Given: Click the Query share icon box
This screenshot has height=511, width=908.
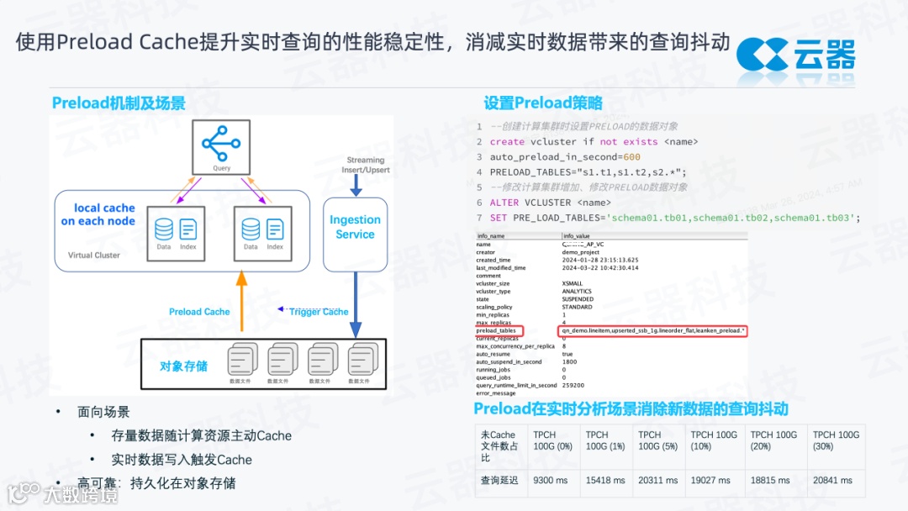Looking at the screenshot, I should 221,146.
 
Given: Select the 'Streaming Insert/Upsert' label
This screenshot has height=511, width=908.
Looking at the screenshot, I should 366,165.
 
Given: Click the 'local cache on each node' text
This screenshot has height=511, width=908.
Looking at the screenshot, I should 98,214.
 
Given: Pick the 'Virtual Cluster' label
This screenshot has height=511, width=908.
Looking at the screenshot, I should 93,255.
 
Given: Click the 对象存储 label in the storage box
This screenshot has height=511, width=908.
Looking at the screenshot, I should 183,366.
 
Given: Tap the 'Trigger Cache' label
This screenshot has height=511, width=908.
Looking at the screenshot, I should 318,312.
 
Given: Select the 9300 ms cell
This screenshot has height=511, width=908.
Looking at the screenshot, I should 551,481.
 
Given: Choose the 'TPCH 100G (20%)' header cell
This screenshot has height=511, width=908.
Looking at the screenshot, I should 773,440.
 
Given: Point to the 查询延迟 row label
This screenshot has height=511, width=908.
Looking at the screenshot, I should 499,481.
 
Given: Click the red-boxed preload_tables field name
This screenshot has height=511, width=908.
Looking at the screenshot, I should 497,331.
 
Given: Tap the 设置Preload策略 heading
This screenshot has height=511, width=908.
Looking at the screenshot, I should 543,103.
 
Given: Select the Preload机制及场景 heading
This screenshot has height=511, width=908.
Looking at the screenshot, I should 119,103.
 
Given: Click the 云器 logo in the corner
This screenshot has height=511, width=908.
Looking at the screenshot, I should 795,55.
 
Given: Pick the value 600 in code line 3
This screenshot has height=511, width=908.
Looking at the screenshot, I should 632,157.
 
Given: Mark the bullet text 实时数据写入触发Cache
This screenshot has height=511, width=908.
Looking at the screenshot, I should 182,460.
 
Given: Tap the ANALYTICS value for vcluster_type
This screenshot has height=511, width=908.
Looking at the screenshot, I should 578,292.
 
